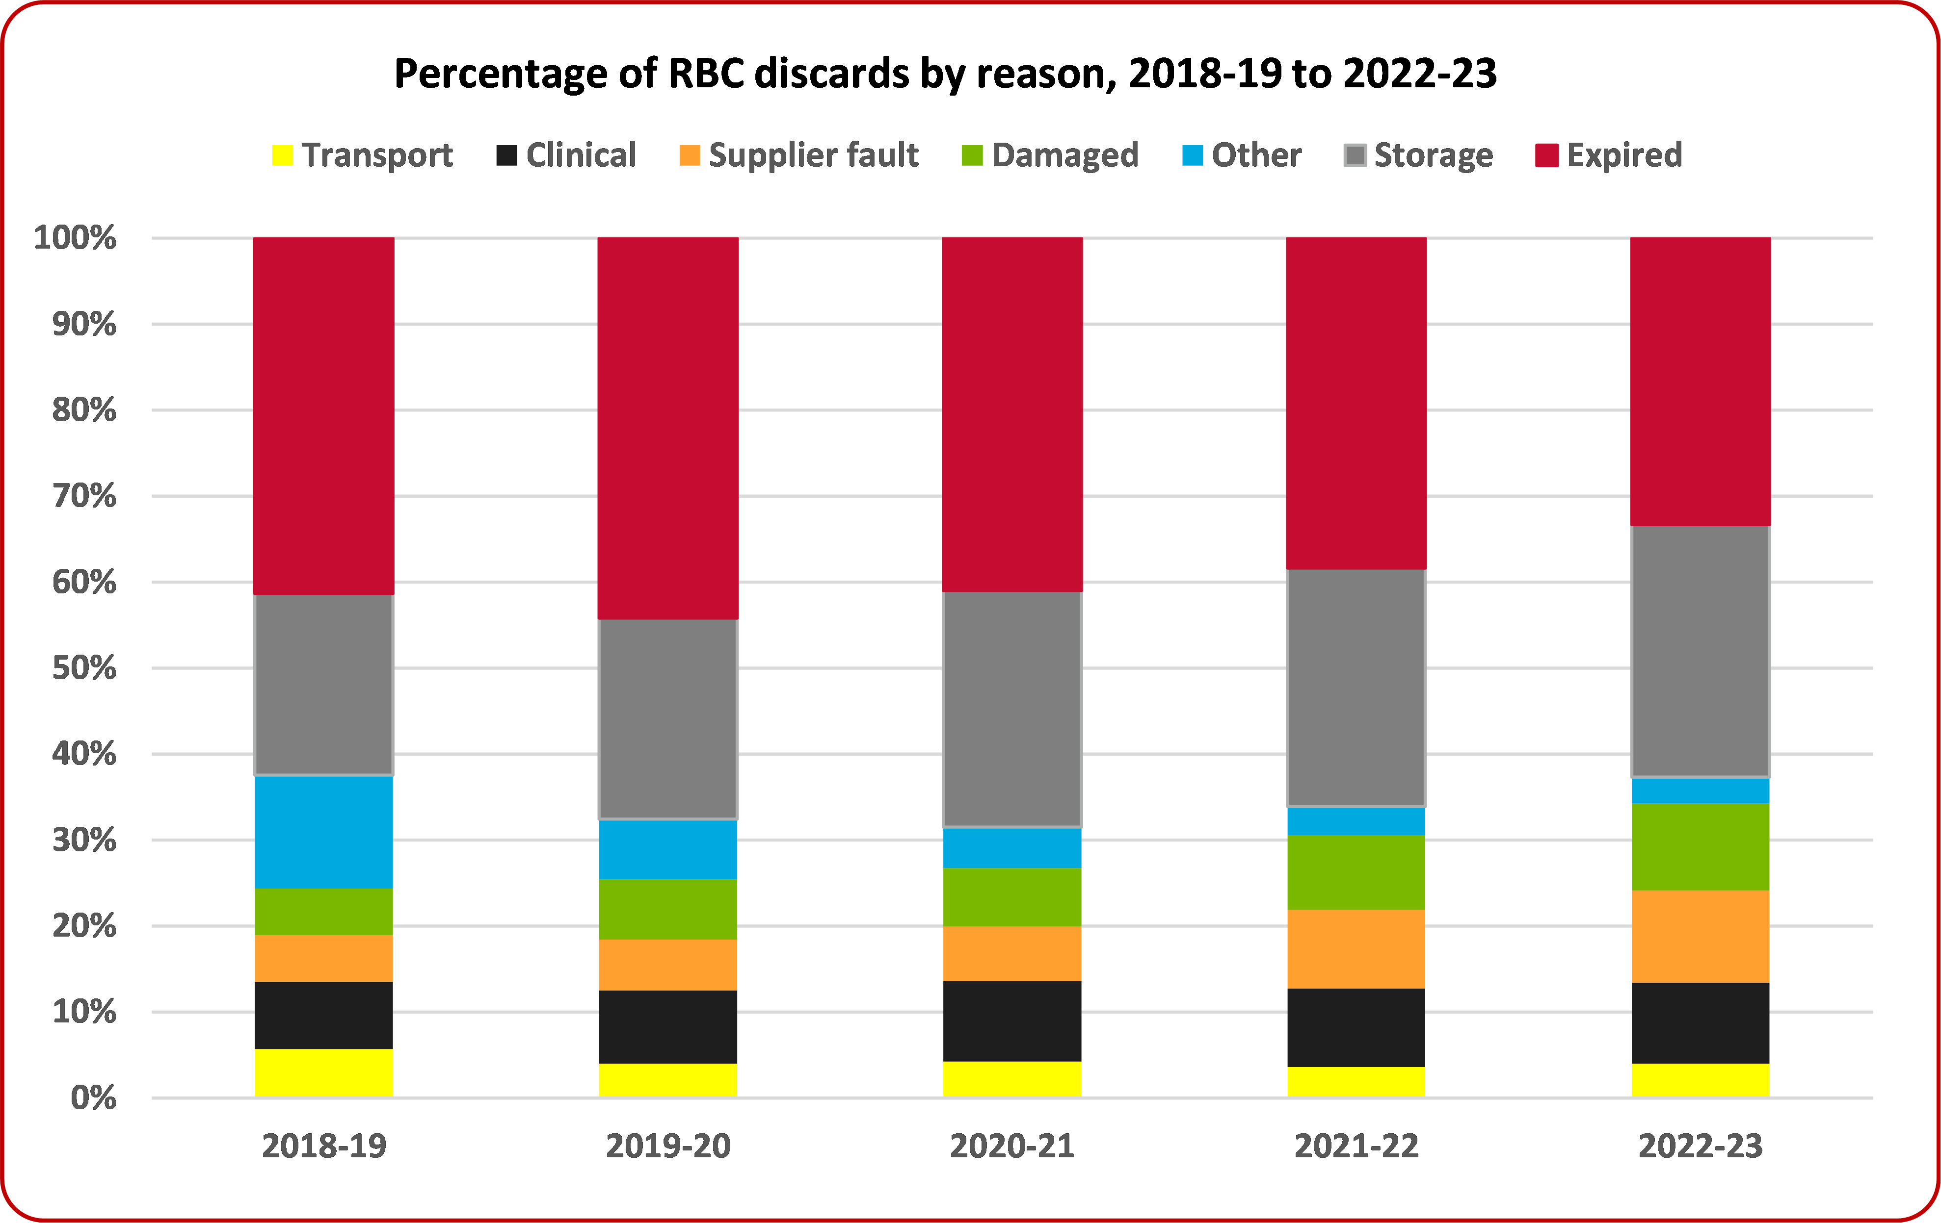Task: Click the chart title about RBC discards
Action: tap(945, 74)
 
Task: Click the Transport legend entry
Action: tap(363, 154)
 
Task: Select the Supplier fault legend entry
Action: tap(799, 154)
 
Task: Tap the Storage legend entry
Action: tap(1419, 154)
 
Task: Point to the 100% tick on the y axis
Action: tap(75, 238)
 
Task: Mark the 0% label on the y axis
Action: tap(94, 1098)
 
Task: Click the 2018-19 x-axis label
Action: tap(324, 1146)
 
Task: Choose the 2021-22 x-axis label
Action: tap(1356, 1146)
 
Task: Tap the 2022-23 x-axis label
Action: tap(1701, 1146)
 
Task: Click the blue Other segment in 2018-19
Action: tap(324, 832)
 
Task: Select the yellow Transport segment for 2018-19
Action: tap(324, 1073)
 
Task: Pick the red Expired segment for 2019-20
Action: tap(668, 428)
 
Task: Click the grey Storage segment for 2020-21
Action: tap(1012, 710)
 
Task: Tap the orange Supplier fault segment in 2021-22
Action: tap(1356, 949)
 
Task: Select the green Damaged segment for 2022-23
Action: tap(1701, 847)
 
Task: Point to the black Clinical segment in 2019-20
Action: tap(668, 1027)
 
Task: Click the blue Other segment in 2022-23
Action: tap(1701, 791)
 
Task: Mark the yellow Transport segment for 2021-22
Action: tap(1356, 1082)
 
